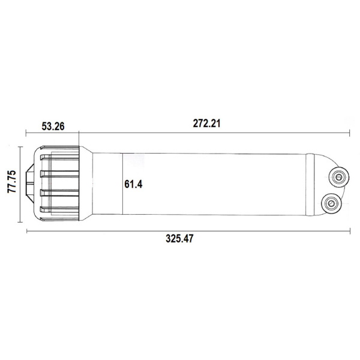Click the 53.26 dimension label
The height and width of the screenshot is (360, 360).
pyautogui.click(x=53, y=126)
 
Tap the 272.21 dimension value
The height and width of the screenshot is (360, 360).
pyautogui.click(x=206, y=123)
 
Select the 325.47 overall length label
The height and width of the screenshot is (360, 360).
pyautogui.click(x=179, y=239)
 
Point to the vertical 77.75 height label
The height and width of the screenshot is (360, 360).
pyautogui.click(x=12, y=181)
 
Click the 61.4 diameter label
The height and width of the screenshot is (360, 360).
pyautogui.click(x=133, y=184)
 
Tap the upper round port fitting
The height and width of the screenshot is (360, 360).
pyautogui.click(x=339, y=178)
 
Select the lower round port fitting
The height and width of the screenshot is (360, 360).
pyautogui.click(x=331, y=203)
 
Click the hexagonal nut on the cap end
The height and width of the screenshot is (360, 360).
pyautogui.click(x=30, y=183)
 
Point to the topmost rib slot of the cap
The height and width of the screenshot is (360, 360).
pyautogui.click(x=59, y=157)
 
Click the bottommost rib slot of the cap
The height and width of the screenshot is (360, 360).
pyautogui.click(x=59, y=209)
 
